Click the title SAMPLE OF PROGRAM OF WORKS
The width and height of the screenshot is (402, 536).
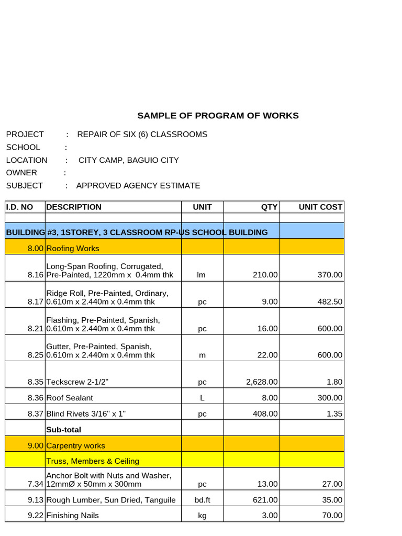point(218,116)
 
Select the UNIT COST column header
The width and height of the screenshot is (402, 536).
point(320,207)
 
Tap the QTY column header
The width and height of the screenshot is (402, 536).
point(269,207)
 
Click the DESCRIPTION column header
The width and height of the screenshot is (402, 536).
point(74,207)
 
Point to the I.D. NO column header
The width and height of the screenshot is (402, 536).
point(19,207)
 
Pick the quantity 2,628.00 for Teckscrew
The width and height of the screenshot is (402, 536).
point(262,382)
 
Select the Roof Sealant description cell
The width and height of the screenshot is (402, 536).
point(70,398)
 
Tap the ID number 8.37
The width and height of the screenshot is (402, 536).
point(36,414)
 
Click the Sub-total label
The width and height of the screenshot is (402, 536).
point(64,430)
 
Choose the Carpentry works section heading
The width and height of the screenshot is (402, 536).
point(75,446)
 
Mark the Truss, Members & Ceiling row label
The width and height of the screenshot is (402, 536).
point(93,461)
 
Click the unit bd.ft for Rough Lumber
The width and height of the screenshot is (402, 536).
point(202,500)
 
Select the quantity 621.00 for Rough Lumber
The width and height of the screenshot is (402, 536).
point(265,500)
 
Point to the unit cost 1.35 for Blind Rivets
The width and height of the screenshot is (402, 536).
point(334,414)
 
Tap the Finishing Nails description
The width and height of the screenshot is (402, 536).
point(72,516)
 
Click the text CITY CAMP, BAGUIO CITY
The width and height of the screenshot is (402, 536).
point(129,160)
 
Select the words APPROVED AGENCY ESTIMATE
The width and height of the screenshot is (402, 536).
point(138,186)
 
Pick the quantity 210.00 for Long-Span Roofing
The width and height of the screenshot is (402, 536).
point(264,275)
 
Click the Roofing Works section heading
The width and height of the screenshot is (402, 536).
point(73,248)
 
